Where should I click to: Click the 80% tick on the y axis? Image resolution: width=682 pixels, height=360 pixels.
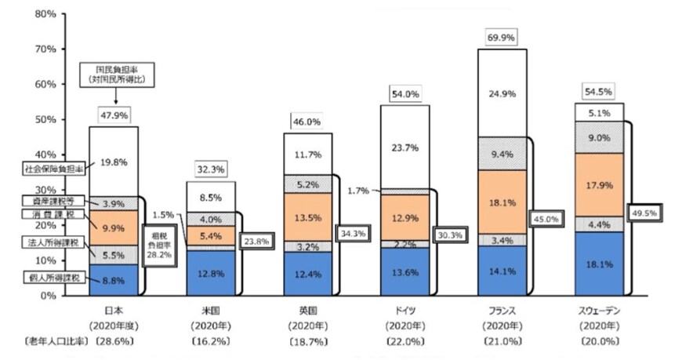[43, 14]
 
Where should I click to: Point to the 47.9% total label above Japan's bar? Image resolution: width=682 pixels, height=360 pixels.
[114, 115]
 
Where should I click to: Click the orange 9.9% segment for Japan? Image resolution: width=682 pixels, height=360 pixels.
[114, 227]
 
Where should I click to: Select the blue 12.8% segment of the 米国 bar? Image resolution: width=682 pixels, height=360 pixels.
[211, 272]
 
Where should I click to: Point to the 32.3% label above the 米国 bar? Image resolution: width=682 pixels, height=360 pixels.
[211, 169]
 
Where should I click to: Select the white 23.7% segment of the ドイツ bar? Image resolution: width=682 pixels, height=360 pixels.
[405, 146]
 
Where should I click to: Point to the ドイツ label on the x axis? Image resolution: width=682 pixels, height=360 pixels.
[405, 311]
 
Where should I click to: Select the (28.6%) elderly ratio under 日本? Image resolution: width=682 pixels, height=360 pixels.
[116, 342]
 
